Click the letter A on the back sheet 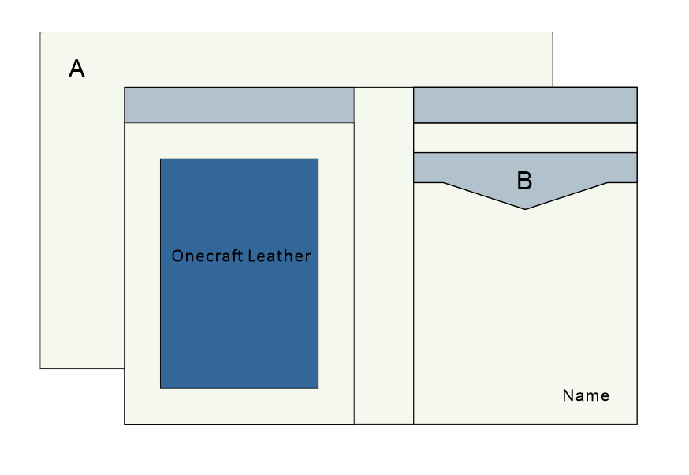click(x=76, y=69)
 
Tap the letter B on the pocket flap click(x=524, y=181)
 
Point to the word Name click(x=586, y=396)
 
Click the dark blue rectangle click(x=239, y=331)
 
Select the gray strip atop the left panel click(x=239, y=105)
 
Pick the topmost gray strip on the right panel click(x=525, y=105)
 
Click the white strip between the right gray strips click(x=525, y=138)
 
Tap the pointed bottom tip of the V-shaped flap click(x=525, y=209)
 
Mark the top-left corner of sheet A click(x=40, y=32)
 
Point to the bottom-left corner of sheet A click(x=40, y=368)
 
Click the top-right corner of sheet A click(x=553, y=32)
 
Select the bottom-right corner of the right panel click(x=637, y=424)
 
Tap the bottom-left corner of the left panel click(x=125, y=424)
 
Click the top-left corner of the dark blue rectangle click(x=160, y=159)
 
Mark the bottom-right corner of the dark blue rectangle click(x=318, y=388)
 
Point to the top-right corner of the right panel click(x=637, y=87)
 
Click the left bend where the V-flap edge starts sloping click(x=443, y=183)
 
